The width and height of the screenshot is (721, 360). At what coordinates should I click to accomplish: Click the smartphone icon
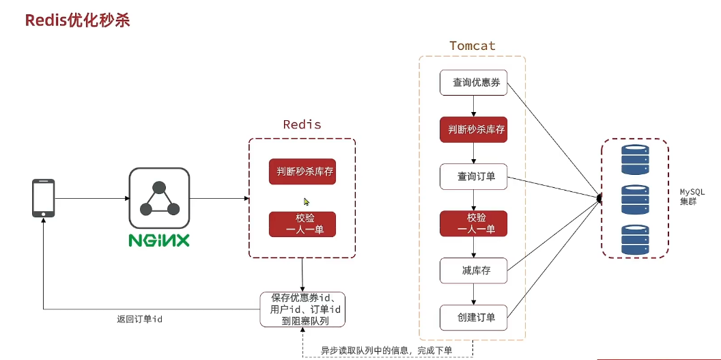43,198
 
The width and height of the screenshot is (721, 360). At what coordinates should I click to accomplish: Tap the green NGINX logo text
159,240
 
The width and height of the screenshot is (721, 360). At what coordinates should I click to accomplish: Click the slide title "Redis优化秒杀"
77,20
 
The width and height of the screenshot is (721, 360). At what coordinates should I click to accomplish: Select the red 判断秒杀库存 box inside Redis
302,171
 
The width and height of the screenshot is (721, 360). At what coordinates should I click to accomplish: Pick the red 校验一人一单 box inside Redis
302,224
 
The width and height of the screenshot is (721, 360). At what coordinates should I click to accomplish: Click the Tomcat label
472,46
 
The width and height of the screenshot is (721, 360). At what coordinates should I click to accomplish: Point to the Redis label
302,125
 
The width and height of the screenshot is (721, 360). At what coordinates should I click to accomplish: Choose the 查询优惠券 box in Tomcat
473,83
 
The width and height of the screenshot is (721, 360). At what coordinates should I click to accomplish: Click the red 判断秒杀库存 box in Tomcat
473,130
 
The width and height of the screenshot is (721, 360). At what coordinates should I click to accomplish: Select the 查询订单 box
473,177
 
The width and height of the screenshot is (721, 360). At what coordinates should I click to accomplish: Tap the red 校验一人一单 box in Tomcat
473,223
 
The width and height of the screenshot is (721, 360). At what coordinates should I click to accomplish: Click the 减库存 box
473,271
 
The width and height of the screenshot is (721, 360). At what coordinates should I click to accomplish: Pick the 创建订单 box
473,317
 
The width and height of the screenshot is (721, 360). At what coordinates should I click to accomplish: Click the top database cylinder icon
634,158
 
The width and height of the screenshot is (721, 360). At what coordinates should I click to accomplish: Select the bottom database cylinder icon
634,239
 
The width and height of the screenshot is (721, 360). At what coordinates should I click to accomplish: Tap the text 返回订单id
139,319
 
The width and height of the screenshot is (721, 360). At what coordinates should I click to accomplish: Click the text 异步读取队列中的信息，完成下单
386,350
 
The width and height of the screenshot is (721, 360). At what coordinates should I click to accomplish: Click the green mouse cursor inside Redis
307,202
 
